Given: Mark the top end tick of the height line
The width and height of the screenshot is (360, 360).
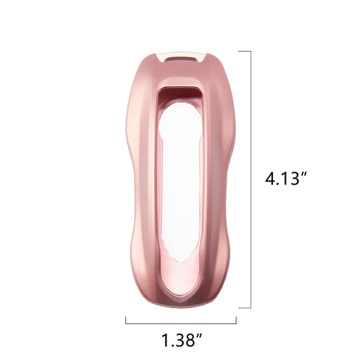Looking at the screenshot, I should pos(244,51).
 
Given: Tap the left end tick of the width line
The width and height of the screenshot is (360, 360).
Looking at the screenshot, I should pos(125,319).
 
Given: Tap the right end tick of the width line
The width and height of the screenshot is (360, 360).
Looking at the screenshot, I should pos(236,319).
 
